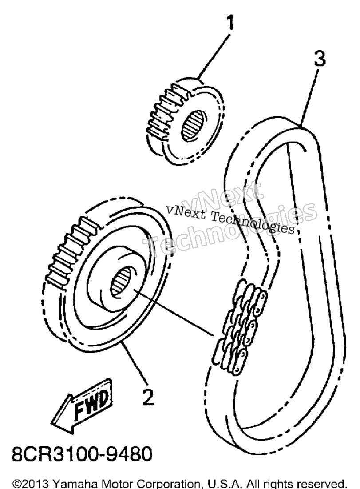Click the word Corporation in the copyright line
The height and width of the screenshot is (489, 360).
click(162, 483)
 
